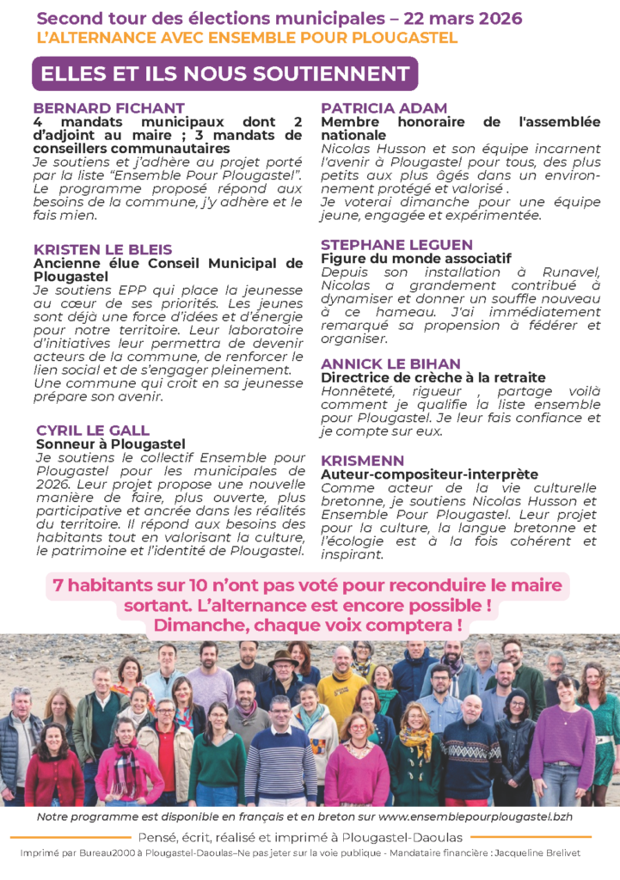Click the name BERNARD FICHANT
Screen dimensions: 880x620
click(108, 108)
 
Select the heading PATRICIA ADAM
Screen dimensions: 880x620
click(384, 108)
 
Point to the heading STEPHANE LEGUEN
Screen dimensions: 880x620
click(397, 245)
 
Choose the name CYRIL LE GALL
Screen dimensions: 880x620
click(93, 430)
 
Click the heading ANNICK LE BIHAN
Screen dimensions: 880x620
click(391, 364)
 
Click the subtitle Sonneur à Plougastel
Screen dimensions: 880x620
click(111, 444)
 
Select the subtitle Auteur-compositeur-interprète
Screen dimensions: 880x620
click(430, 474)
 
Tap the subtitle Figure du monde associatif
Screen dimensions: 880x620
click(416, 258)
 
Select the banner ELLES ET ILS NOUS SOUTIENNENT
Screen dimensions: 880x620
click(224, 73)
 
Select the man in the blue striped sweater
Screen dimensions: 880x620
click(281, 756)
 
